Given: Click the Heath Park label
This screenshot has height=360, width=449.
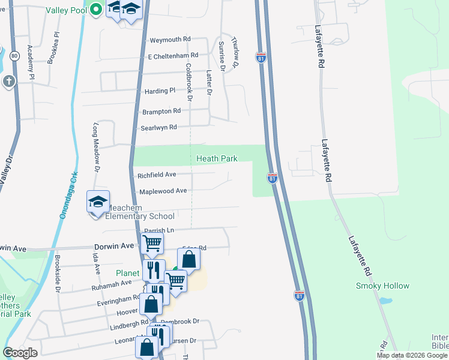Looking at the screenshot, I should coord(217,159).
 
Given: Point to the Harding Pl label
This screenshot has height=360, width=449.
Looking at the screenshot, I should coord(160,91).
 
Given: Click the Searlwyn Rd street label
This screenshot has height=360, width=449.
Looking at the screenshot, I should coord(158,127).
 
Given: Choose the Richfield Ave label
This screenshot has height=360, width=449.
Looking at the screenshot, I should coord(157,175).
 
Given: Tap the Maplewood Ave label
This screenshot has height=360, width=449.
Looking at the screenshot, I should coord(163,191).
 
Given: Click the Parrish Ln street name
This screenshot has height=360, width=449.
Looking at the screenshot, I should coord(158,230).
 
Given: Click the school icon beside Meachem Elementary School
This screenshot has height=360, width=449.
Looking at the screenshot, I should coord(98,202).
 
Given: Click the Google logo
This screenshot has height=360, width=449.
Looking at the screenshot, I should coord(20,353).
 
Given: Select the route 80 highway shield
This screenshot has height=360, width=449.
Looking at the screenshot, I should coord(14,56).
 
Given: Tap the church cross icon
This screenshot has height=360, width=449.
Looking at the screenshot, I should coord(9,82).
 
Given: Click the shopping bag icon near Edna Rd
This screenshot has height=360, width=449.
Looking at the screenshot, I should coord(188,260).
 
